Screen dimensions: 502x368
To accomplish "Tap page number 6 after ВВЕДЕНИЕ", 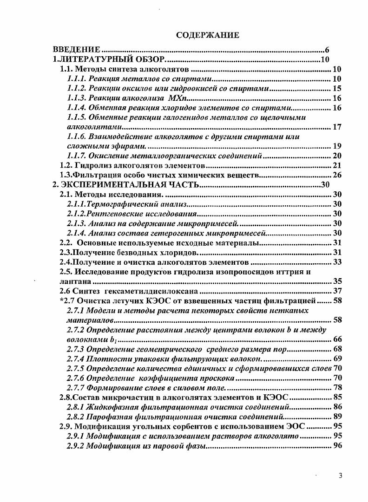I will pyautogui.click(x=327, y=50).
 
